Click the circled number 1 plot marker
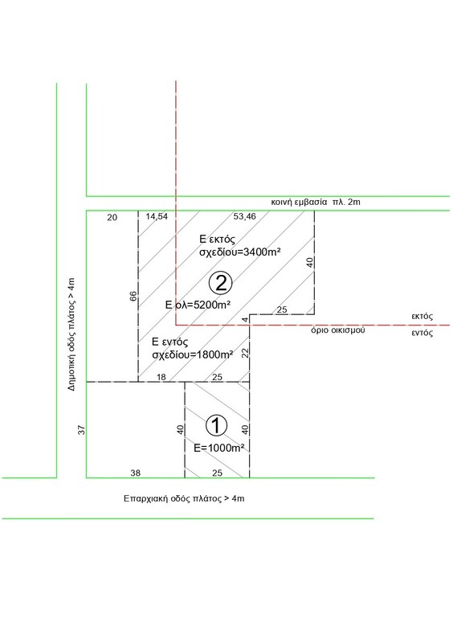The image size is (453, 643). [215, 425]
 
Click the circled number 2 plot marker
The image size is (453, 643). [221, 283]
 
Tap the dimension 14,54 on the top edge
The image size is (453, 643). [157, 216]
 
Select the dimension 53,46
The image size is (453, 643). [245, 216]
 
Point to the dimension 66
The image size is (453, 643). [133, 296]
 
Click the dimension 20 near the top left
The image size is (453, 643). [112, 217]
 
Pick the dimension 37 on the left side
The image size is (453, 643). [82, 430]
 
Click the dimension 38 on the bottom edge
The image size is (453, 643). [135, 473]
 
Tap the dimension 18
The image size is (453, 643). [161, 377]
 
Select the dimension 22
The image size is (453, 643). [246, 353]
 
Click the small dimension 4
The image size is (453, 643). [245, 320]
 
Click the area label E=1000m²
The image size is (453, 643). [219, 448]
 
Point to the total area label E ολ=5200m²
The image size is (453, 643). [198, 305]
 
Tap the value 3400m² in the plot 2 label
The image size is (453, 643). [262, 252]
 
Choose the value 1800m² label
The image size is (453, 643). [214, 354]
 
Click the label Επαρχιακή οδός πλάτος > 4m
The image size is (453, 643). [184, 498]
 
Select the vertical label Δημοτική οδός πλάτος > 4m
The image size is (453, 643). [71, 334]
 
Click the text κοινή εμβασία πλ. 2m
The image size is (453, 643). [316, 202]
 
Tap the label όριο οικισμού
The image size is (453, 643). [338, 330]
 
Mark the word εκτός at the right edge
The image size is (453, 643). [422, 316]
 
